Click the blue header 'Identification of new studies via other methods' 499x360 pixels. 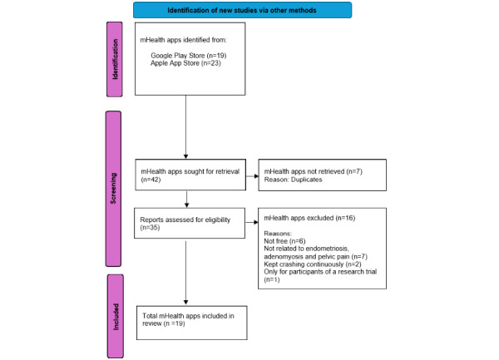[243, 10]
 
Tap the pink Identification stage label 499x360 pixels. [115, 59]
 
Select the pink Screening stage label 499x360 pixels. [114, 189]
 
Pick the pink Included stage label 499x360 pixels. [116, 317]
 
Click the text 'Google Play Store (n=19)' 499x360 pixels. [189, 56]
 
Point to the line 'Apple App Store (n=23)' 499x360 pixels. [185, 63]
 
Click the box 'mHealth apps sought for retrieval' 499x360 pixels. [190, 175]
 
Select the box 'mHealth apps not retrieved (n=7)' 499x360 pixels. [323, 175]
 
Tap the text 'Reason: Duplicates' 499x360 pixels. [293, 180]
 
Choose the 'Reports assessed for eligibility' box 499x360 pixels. [190, 224]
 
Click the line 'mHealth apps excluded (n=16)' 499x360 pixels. [309, 218]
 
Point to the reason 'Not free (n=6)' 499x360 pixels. [284, 241]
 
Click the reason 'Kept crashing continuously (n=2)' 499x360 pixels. [313, 264]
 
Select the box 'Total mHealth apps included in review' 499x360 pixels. [192, 323]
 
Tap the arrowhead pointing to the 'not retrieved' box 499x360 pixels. [256, 176]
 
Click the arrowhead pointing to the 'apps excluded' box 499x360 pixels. [256, 222]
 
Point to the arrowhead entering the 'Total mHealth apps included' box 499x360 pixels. [185, 303]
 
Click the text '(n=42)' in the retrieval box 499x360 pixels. [151, 180]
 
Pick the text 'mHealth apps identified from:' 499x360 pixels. [184, 40]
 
